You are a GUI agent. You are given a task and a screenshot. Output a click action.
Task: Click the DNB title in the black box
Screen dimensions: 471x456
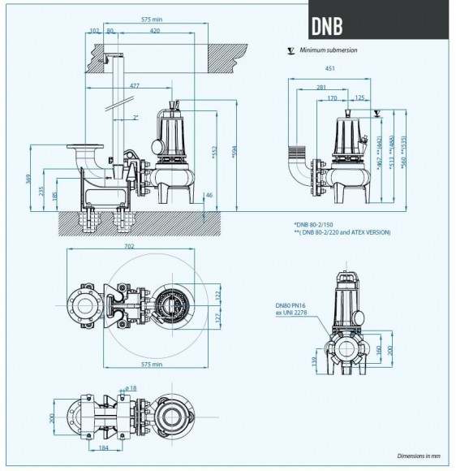click(x=326, y=25)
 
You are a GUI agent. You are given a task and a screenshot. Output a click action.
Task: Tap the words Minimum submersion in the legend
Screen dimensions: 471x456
click(x=328, y=50)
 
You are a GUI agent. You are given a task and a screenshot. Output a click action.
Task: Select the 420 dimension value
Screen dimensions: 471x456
click(x=153, y=30)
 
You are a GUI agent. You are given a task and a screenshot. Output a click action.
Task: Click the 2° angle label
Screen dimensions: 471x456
click(x=135, y=117)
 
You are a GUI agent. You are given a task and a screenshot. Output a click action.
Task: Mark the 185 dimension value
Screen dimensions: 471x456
click(x=54, y=196)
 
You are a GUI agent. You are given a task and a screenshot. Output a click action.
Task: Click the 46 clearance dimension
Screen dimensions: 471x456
click(x=209, y=196)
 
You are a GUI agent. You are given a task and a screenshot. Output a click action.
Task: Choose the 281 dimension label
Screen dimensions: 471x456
click(x=321, y=86)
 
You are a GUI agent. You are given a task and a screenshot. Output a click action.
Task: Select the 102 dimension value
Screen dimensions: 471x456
click(x=95, y=30)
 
